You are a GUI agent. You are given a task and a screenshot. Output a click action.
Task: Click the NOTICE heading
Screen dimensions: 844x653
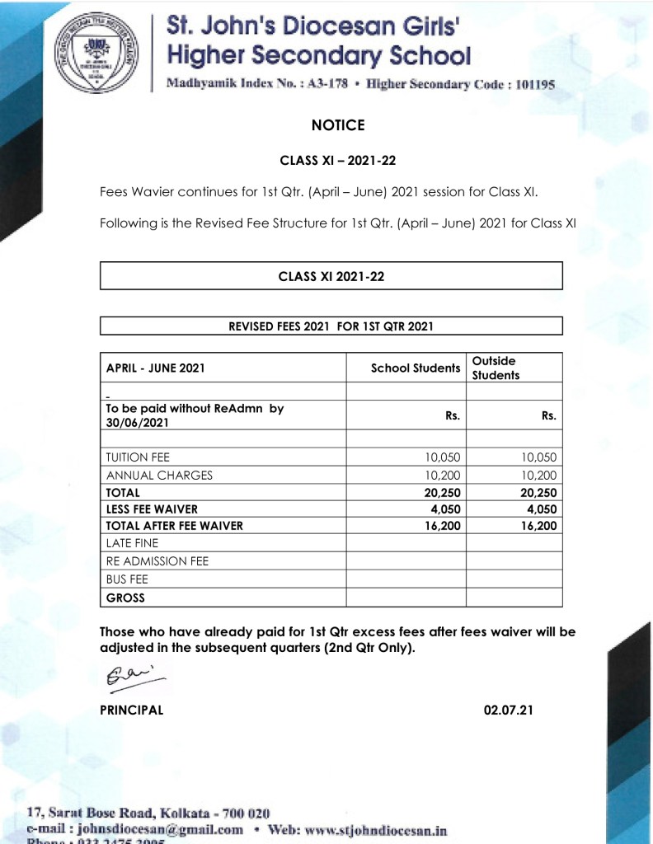[x=338, y=125]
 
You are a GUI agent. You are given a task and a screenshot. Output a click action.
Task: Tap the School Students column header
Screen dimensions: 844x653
[x=416, y=368]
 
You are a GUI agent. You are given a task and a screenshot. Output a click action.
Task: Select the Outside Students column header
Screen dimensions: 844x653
[x=496, y=368]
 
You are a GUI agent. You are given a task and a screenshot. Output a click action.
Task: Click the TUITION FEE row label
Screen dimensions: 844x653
[x=138, y=457]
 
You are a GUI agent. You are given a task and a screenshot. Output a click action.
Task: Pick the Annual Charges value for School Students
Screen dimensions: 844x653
[x=444, y=475]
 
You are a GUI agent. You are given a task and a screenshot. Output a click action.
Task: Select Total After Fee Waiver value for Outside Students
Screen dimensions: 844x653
[x=538, y=526]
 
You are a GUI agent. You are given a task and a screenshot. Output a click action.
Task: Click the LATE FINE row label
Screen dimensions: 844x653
[x=132, y=543]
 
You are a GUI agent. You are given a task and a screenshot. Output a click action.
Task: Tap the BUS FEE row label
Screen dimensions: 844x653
[x=127, y=579]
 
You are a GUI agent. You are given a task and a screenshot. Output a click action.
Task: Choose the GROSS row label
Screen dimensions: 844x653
[x=125, y=597]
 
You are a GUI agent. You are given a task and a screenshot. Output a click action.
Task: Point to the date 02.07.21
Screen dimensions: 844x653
[x=509, y=710]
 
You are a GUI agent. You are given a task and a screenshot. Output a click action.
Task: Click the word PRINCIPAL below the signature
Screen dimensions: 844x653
[x=132, y=710]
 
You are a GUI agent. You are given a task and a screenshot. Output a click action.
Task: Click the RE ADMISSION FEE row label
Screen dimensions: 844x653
[x=157, y=561]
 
